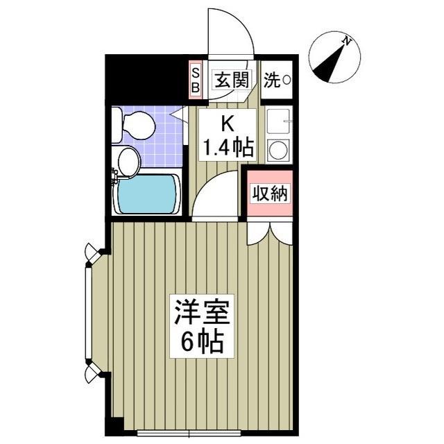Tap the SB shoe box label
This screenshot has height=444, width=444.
(196, 80)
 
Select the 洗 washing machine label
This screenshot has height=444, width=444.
(277, 80)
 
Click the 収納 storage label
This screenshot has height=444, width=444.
(268, 194)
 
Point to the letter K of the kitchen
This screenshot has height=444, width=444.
(227, 124)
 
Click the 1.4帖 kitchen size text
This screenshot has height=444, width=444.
(227, 147)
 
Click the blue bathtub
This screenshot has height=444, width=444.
(148, 194)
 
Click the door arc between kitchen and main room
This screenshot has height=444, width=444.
(215, 194)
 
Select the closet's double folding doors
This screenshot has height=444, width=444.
(268, 232)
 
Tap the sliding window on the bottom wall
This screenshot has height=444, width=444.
(189, 434)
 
